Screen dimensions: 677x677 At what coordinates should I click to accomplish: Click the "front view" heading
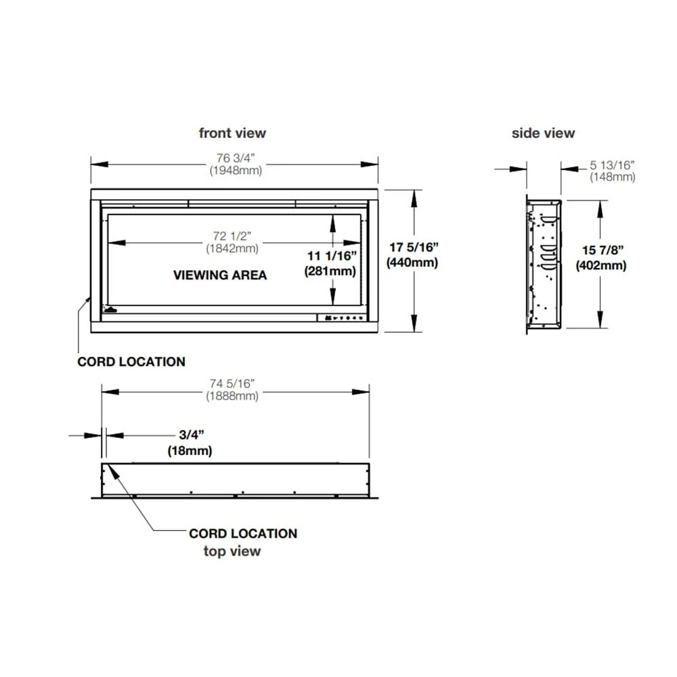coord(232,133)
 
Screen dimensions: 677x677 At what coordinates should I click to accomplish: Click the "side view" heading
coord(543,133)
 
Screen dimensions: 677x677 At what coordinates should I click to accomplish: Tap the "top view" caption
coord(232,551)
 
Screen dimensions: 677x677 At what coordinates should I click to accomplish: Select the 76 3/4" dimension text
coord(235,158)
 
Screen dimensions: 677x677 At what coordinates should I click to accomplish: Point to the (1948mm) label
coord(235,171)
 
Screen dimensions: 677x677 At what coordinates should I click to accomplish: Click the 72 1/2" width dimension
coord(232,236)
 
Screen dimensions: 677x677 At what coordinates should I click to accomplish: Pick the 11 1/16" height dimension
coord(332,256)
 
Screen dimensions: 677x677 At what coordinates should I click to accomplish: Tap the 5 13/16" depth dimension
coord(613,165)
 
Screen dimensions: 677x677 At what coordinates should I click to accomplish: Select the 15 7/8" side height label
coord(600,250)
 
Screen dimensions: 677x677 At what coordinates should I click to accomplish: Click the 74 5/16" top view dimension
coord(232,384)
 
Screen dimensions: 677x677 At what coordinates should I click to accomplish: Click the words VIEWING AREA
coord(220,275)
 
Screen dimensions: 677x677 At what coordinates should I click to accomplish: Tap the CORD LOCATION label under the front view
coord(131,362)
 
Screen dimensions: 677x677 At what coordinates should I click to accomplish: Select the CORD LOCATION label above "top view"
coord(243,533)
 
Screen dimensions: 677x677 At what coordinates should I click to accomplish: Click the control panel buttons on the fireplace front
coord(342,318)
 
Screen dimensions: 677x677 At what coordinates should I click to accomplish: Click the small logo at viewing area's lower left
coord(110,311)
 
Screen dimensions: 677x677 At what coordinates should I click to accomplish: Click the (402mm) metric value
coord(600,265)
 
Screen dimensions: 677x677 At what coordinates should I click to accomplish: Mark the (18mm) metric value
coord(190,450)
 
